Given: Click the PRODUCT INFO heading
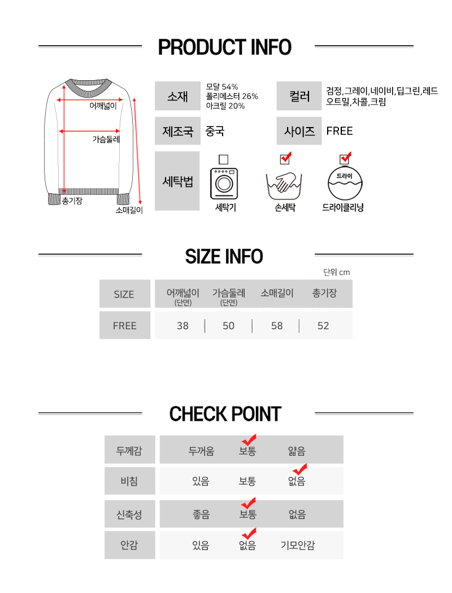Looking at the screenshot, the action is [x=225, y=47].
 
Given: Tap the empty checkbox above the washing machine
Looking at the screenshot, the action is [x=224, y=159].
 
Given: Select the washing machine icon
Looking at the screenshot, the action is [x=224, y=184].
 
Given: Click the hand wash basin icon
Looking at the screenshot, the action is [x=284, y=186].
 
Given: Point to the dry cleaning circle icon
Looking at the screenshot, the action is [x=345, y=184].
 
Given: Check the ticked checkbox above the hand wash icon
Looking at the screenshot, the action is [x=285, y=158].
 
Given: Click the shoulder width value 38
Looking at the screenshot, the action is [x=182, y=326].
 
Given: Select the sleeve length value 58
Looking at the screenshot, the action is [x=277, y=326].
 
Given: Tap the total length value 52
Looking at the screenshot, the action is [x=323, y=326].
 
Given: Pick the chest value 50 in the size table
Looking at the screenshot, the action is [x=228, y=326].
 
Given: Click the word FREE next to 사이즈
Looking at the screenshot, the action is [x=340, y=131].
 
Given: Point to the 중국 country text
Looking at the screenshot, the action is [x=215, y=131].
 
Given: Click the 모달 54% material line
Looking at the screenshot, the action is [x=222, y=86].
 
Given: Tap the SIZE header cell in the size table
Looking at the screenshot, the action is [x=124, y=294].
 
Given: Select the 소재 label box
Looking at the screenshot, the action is [x=177, y=96].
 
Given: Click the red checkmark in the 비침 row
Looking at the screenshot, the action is [x=301, y=469].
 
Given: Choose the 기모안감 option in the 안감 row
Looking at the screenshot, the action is [x=298, y=545].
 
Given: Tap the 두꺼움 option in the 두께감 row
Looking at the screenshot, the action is [x=201, y=451].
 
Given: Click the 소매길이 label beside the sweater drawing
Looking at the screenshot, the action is [x=129, y=210].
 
